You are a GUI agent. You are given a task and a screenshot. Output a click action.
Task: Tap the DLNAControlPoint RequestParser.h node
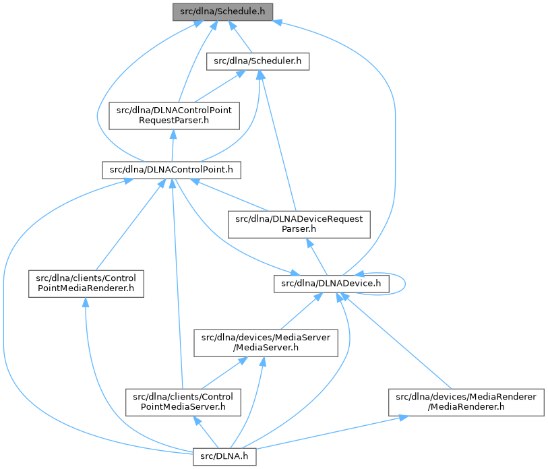(x=174, y=115)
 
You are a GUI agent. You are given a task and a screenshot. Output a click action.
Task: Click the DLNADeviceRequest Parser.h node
(x=299, y=224)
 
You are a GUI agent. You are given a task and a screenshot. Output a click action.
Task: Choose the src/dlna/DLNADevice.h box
(x=331, y=284)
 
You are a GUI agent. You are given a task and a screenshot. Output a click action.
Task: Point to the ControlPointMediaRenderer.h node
(x=86, y=284)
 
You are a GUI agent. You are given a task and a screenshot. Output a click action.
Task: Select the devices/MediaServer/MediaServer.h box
(x=266, y=343)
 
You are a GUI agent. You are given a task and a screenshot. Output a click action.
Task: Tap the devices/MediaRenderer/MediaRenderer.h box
(x=464, y=402)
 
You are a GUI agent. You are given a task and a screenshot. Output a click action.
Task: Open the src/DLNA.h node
(x=225, y=456)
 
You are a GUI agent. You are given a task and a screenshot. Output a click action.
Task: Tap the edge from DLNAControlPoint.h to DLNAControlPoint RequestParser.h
(x=173, y=144)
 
